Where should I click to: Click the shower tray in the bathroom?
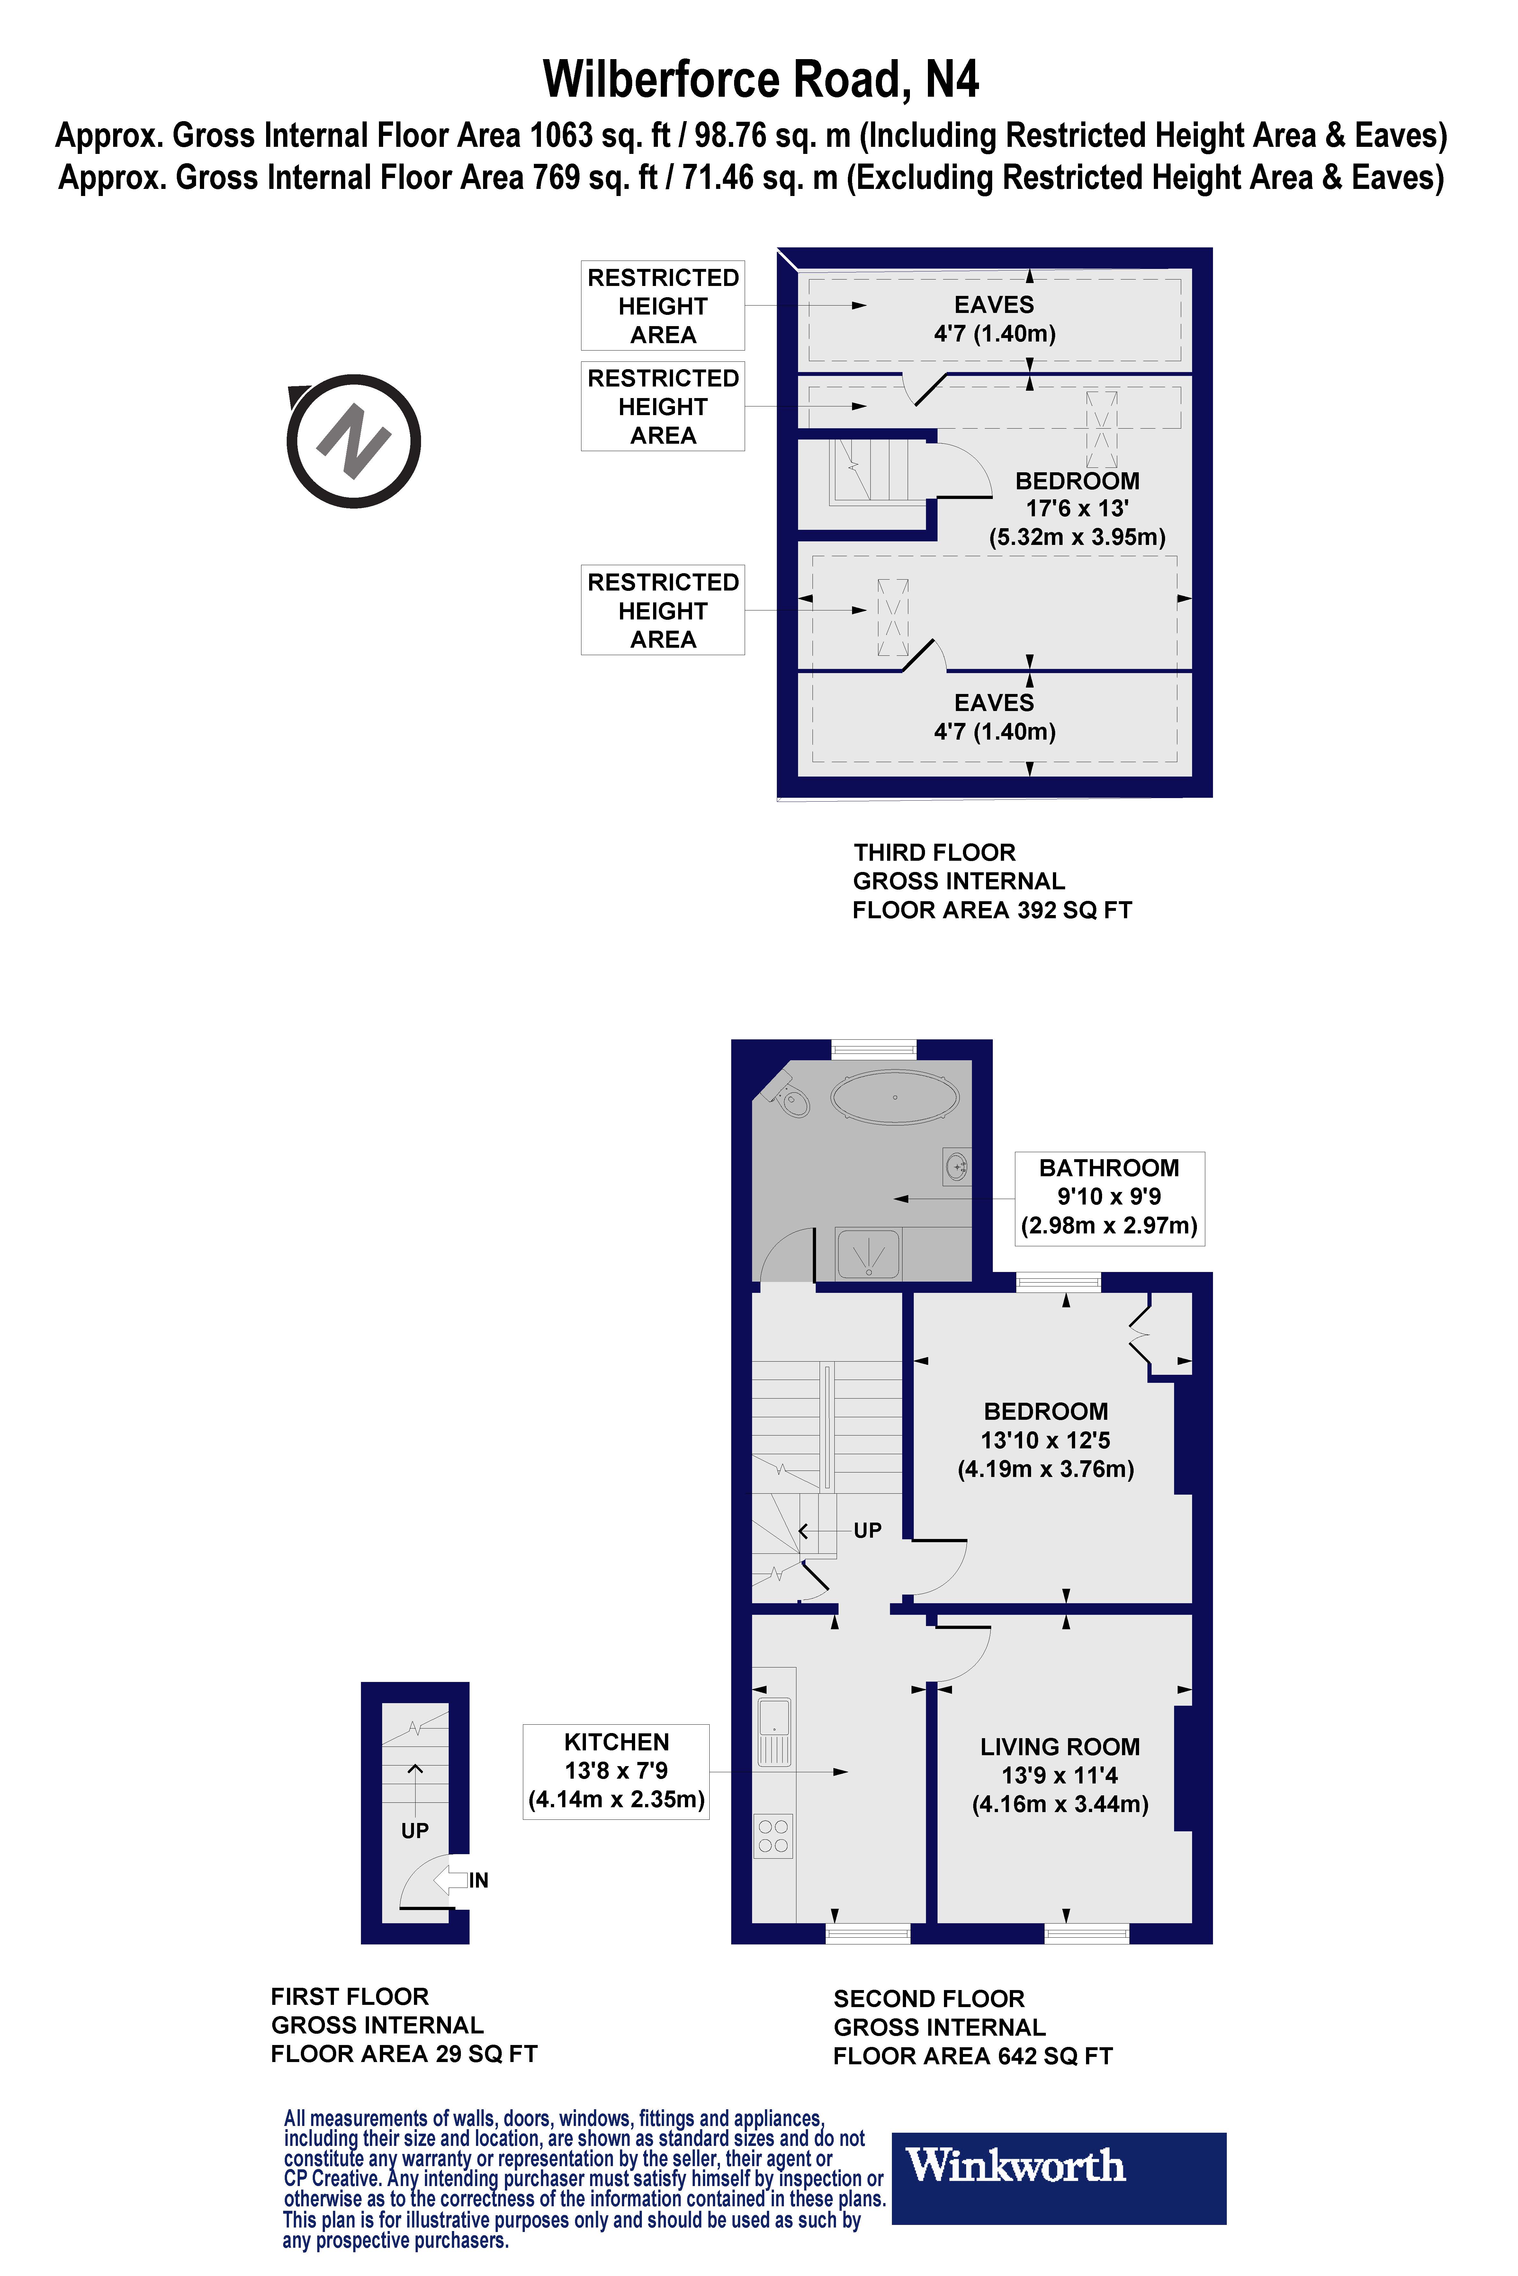tap(868, 1253)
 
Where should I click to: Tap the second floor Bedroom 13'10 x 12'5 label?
tap(1046, 1440)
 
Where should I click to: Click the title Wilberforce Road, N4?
tap(760, 79)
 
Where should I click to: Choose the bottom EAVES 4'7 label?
tap(994, 717)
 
